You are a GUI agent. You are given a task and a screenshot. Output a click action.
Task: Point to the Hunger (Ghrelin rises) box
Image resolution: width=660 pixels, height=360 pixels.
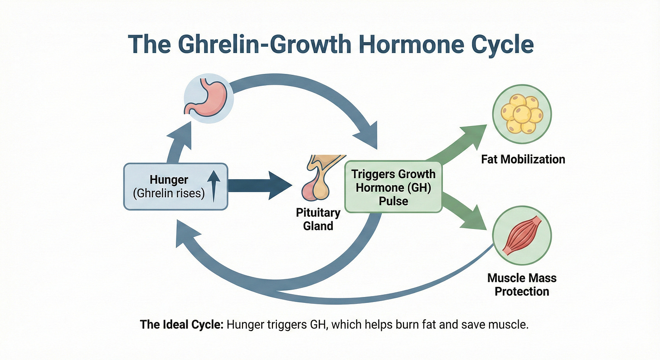(x=175, y=186)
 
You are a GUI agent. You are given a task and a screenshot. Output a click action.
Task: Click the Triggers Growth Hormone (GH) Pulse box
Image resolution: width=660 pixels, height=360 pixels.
(x=393, y=187)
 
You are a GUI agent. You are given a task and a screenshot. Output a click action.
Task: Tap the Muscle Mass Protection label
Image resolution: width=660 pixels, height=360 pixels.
(x=522, y=284)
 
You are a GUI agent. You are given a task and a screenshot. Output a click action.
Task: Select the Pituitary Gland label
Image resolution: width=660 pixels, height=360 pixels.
(x=318, y=219)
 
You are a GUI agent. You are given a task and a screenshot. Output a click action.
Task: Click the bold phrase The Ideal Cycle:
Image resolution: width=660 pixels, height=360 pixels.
(x=180, y=325)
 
